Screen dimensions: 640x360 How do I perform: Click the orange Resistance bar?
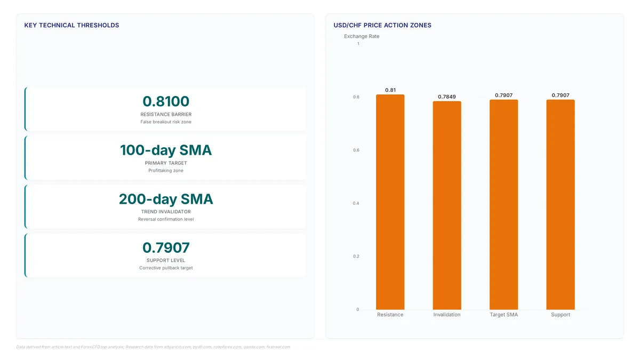(x=390, y=202)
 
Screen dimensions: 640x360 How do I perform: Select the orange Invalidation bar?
(x=447, y=205)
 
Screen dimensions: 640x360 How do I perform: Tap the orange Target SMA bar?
(x=503, y=205)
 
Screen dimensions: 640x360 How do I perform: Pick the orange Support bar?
(x=561, y=205)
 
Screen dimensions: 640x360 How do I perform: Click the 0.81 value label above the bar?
(x=390, y=90)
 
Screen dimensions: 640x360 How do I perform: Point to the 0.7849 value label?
(x=447, y=97)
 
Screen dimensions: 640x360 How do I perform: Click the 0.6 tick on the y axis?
(x=356, y=150)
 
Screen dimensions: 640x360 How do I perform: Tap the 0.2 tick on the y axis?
(x=356, y=257)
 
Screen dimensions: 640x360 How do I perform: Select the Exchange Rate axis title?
(x=362, y=36)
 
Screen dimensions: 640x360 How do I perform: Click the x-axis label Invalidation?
(x=447, y=315)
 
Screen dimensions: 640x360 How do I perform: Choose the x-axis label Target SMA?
(x=503, y=315)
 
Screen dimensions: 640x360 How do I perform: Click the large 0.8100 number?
(x=166, y=101)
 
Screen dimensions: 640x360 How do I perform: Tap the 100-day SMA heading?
(x=166, y=150)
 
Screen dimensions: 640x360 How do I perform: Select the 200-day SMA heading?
(x=166, y=199)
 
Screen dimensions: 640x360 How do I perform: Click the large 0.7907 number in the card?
(x=166, y=247)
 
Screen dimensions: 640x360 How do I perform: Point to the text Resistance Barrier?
(x=166, y=114)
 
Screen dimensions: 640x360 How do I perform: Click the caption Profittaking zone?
(x=166, y=171)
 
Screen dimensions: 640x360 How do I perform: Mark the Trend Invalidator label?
(x=166, y=212)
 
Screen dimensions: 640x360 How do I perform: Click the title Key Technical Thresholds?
(x=71, y=25)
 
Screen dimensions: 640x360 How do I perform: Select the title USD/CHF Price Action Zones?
(x=382, y=25)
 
